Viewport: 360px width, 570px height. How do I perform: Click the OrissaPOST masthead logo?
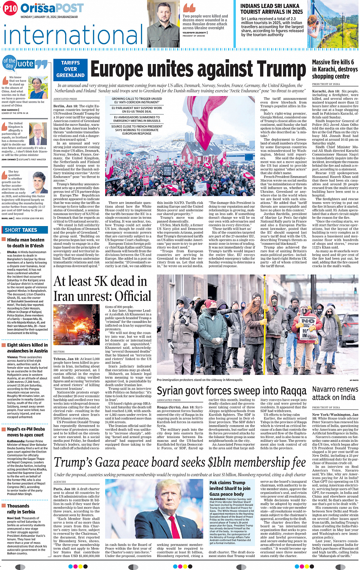click(52, 8)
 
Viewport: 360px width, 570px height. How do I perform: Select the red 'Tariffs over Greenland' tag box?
click(70, 69)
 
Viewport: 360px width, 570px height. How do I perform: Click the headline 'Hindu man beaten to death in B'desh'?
click(26, 243)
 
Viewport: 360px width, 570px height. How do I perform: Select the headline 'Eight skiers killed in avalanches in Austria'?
click(27, 348)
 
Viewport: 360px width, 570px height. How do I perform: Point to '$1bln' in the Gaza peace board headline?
click(225, 462)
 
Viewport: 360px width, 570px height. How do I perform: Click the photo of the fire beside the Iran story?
click(77, 324)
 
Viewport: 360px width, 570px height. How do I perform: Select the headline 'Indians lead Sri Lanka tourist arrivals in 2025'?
click(271, 9)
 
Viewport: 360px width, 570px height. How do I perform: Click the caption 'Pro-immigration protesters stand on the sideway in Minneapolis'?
click(199, 380)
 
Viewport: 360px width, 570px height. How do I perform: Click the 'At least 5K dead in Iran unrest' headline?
click(102, 289)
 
